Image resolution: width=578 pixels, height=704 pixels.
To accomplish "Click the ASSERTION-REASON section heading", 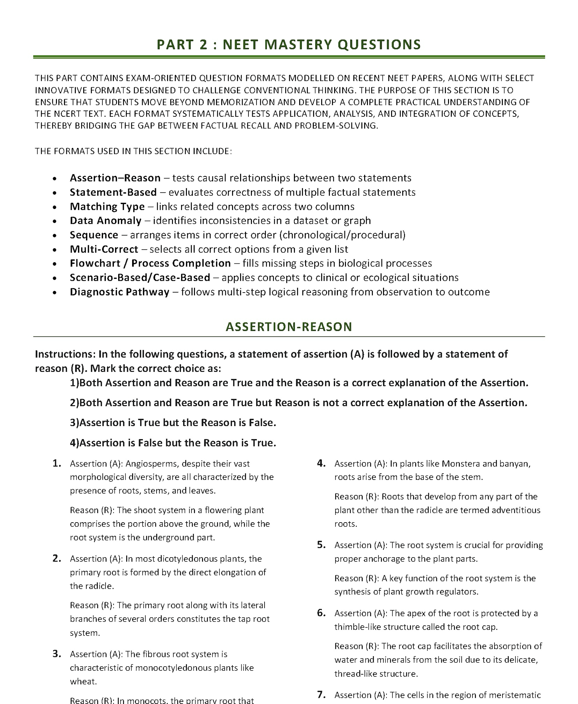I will tap(289, 327).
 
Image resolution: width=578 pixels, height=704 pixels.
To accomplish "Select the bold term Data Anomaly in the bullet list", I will tap(106, 220).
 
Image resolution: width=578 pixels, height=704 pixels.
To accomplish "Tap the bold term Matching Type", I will tap(107, 206).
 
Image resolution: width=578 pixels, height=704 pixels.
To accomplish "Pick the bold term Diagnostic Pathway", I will tap(119, 292).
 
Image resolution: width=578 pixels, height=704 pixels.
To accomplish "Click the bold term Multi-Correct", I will tap(104, 249).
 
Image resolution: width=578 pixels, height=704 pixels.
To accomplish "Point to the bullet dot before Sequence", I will tap(54, 236).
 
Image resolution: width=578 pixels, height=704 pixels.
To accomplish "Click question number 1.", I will tap(57, 463).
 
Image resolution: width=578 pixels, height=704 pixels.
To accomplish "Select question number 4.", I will tap(321, 463).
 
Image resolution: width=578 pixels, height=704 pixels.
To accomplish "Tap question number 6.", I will tap(321, 613).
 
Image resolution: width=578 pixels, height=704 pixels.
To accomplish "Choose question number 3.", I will tap(57, 654).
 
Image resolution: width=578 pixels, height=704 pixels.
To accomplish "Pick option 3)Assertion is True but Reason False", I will tap(173, 423).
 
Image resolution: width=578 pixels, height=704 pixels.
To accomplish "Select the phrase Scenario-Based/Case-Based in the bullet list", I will tap(140, 277).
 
